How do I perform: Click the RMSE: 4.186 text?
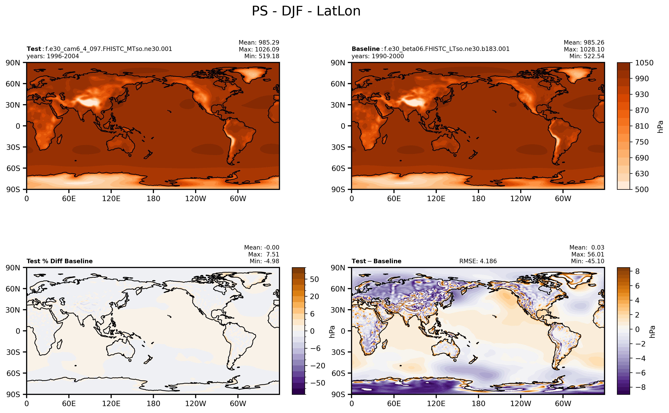pyautogui.click(x=478, y=261)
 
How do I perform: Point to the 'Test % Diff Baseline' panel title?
pyautogui.click(x=59, y=261)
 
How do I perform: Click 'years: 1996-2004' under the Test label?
pyautogui.click(x=53, y=56)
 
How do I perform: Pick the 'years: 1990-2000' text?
pyautogui.click(x=377, y=56)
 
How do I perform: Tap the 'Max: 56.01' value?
pyautogui.click(x=588, y=254)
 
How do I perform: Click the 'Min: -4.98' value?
pyautogui.click(x=264, y=261)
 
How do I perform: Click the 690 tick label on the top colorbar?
pyautogui.click(x=642, y=158)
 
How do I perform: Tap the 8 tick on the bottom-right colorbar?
pyautogui.click(x=637, y=271)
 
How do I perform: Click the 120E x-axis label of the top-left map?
pyautogui.click(x=111, y=199)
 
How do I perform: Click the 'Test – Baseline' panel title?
pyautogui.click(x=376, y=261)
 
